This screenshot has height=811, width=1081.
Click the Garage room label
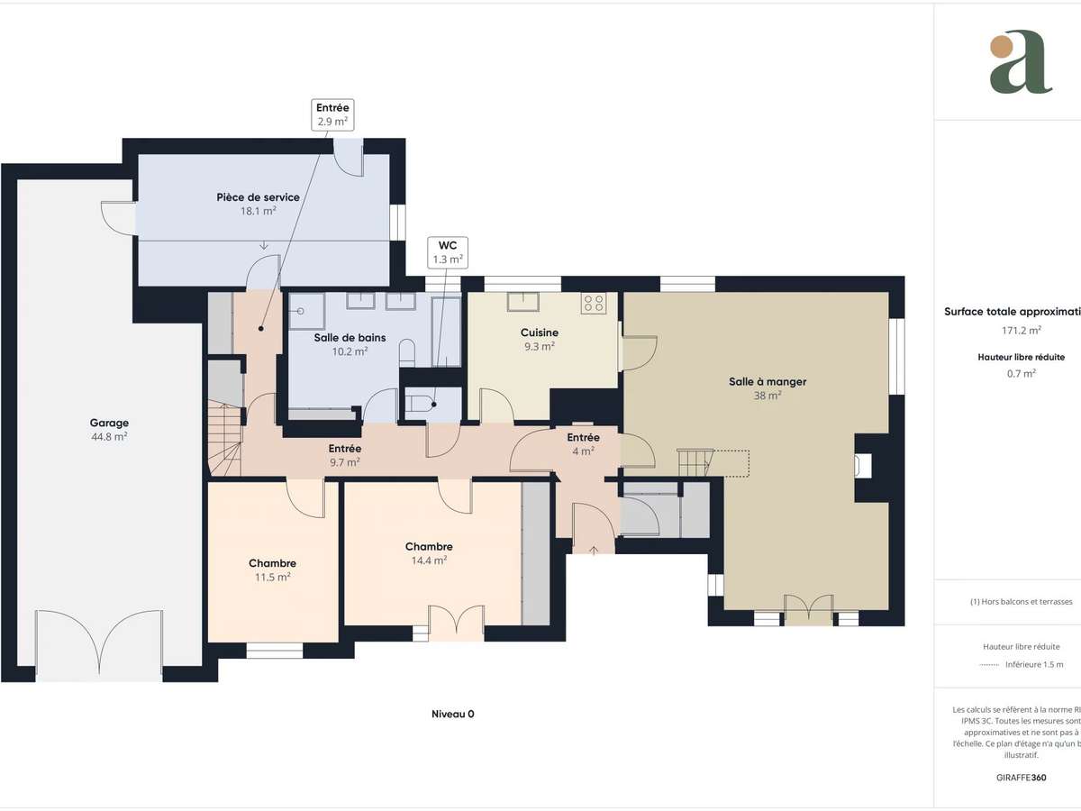tap(109, 423)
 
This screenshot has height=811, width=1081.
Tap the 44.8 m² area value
tap(109, 437)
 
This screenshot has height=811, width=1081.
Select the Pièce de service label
tap(258, 197)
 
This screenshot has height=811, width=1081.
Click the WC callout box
tap(448, 251)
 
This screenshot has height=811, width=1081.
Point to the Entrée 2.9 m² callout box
tap(332, 114)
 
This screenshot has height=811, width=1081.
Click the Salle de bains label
tap(350, 338)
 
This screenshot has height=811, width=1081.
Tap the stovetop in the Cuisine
tap(594, 303)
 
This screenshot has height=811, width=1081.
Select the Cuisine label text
tap(540, 333)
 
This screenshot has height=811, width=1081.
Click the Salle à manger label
tap(768, 381)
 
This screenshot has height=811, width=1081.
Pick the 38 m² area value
tap(768, 395)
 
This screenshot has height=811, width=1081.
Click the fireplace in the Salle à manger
tap(864, 465)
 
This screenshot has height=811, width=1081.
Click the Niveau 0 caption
tap(452, 714)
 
